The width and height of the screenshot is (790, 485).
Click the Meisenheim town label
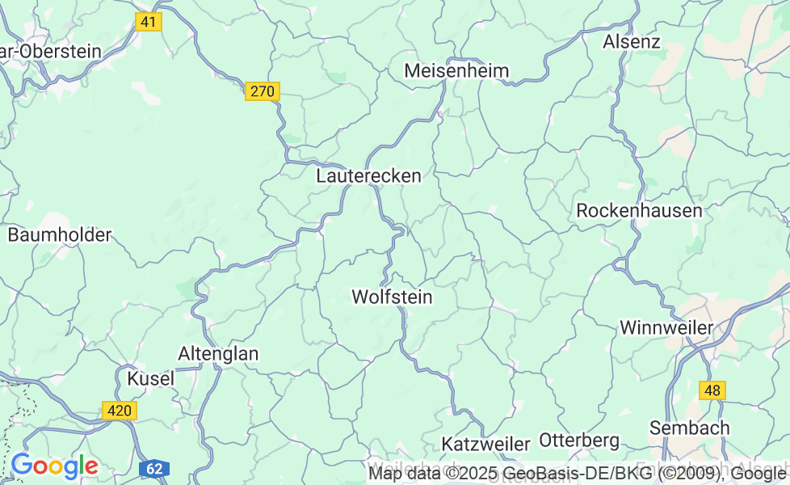point(456,71)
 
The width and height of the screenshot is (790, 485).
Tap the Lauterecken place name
point(369,175)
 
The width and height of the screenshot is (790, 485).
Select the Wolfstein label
point(392,297)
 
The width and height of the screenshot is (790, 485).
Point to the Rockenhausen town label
point(639,211)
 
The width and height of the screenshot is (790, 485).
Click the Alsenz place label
point(632,42)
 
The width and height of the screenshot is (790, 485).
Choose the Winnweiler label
point(666,327)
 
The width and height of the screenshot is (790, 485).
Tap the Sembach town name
point(689,428)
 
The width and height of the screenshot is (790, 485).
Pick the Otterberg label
point(578,441)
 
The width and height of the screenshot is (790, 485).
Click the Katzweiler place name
point(485,444)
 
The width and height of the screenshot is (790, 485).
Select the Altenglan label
point(218,353)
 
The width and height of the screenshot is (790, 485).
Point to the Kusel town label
point(150,378)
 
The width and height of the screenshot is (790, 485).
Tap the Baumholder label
point(59,235)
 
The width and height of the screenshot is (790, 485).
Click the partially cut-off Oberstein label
point(50,51)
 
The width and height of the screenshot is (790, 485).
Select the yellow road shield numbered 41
point(148,22)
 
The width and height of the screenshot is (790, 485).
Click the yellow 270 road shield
point(263,91)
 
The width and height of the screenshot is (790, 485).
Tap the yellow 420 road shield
point(120,411)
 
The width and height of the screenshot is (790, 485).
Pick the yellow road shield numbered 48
point(712,390)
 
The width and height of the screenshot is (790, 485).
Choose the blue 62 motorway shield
point(154,468)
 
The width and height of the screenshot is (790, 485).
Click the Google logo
point(54,466)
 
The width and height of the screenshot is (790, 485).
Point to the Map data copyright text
point(577,473)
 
